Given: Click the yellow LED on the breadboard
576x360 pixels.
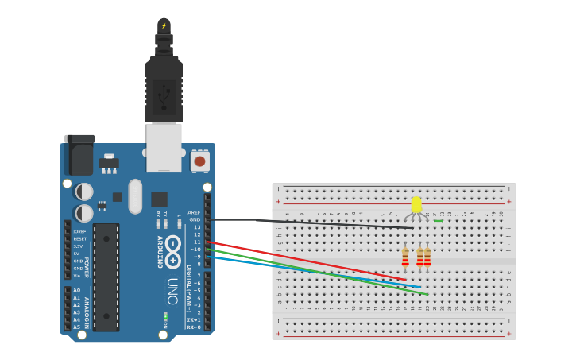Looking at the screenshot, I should pos(416,205).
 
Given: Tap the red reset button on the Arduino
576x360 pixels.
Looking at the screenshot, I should pos(199,161).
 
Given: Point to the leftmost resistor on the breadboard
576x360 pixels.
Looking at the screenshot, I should pos(405,257).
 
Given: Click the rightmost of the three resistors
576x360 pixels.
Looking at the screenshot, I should pos(427,257).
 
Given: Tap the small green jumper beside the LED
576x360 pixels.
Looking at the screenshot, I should pos(438,220).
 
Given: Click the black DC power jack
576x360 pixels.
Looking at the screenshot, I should pos(79,155).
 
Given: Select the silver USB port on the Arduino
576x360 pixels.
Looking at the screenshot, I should pos(164,147).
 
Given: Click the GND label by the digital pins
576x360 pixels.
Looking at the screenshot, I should pos(194,219).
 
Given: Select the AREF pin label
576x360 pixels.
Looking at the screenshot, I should pos(194,212).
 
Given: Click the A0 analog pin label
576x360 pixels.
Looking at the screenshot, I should pos(76,291).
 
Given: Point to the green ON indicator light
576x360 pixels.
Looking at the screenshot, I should pos(164,318).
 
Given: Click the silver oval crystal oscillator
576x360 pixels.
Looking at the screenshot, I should pos(134,196).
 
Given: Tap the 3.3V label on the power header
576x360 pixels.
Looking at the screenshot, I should pos(79,246).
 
